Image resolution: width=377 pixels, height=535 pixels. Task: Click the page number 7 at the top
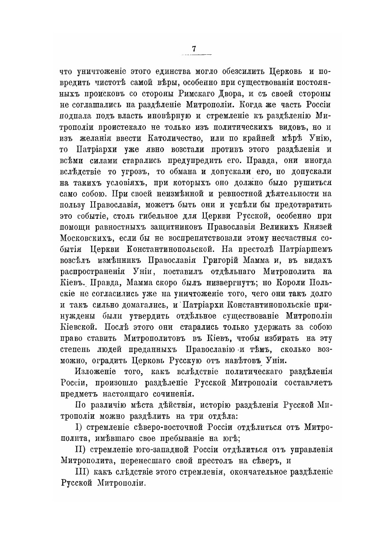coord(194,49)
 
